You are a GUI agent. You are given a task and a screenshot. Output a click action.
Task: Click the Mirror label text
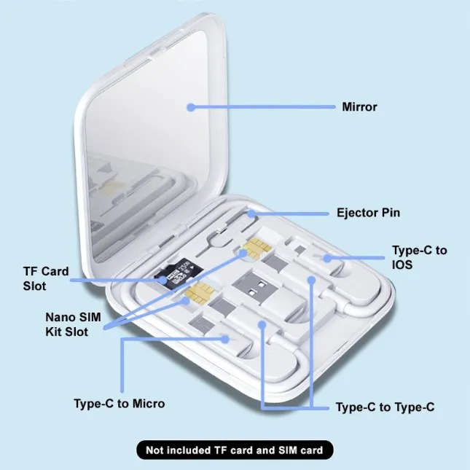pyautogui.click(x=359, y=107)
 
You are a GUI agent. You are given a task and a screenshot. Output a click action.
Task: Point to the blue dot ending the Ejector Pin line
pyautogui.click(x=250, y=214)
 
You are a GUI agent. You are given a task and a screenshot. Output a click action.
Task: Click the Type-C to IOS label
pyautogui.click(x=419, y=257)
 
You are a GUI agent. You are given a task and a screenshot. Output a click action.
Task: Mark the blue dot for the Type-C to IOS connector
pyautogui.click(x=327, y=257)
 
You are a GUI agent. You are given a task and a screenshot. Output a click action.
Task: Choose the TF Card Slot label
pyautogui.click(x=45, y=278)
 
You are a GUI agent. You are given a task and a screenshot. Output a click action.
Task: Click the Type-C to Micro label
pyautogui.click(x=119, y=404)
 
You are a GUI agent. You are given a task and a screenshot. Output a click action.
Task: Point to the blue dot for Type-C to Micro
pyautogui.click(x=229, y=338)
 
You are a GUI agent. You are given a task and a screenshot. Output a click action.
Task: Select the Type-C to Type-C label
pyautogui.click(x=385, y=407)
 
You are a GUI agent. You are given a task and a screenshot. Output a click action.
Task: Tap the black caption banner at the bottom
pyautogui.click(x=234, y=450)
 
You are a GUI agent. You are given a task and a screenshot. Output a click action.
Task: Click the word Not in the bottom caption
pyautogui.click(x=156, y=450)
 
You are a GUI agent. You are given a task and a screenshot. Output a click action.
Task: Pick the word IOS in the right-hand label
pyautogui.click(x=402, y=265)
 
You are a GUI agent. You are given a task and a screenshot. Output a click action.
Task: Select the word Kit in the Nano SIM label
pyautogui.click(x=56, y=332)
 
